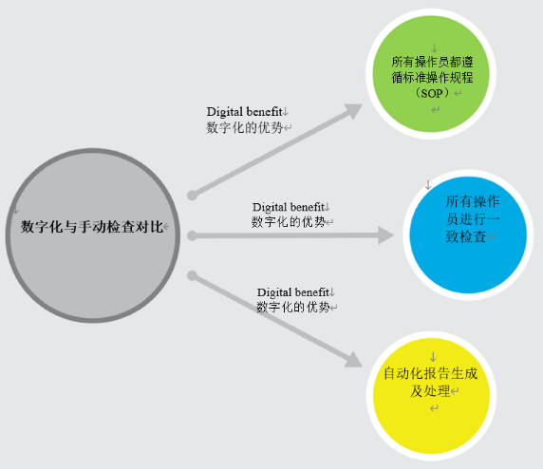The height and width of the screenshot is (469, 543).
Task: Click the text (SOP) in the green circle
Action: [433, 93]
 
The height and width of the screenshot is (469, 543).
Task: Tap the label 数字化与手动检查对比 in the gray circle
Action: [91, 227]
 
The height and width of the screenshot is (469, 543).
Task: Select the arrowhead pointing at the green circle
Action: [353, 110]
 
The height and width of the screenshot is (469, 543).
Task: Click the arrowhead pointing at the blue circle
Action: [385, 235]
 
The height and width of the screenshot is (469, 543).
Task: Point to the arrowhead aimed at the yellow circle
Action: [353, 360]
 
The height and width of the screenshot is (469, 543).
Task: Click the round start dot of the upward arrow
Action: [192, 196]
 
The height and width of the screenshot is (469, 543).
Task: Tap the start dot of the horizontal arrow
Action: [192, 235]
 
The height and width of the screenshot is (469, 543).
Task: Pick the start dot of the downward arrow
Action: [192, 275]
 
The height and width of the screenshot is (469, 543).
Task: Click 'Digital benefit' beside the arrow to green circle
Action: [245, 112]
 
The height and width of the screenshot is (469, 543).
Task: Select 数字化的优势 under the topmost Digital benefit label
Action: [245, 127]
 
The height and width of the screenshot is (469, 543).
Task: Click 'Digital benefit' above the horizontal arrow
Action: [289, 207]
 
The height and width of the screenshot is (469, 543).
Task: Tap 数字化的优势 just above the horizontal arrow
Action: [289, 222]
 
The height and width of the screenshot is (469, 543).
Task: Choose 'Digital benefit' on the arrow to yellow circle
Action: [293, 292]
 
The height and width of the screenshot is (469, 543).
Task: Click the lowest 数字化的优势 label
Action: [293, 307]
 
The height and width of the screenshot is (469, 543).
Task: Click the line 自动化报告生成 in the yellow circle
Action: [430, 373]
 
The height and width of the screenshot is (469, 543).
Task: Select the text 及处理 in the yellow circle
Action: [430, 391]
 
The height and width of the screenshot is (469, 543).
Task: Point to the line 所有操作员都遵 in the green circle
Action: [432, 62]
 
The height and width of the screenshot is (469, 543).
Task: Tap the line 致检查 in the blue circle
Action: [466, 236]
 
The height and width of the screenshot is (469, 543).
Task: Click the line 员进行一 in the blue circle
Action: [473, 219]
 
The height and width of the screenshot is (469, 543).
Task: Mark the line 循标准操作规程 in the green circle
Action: [432, 77]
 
